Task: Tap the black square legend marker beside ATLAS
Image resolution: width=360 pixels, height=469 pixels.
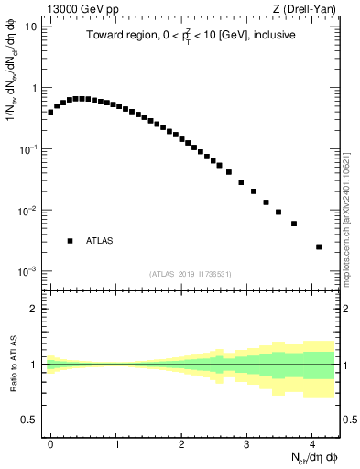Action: pyautogui.click(x=70, y=241)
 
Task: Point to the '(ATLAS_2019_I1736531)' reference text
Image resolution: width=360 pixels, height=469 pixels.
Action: pyautogui.click(x=190, y=274)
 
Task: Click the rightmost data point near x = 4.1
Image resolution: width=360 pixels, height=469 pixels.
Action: pyautogui.click(x=319, y=246)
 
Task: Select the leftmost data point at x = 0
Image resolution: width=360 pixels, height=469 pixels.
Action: pyautogui.click(x=50, y=112)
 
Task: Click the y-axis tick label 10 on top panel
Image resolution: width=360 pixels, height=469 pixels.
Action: pyautogui.click(x=30, y=27)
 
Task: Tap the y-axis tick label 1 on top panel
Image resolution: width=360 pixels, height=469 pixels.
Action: pyautogui.click(x=34, y=88)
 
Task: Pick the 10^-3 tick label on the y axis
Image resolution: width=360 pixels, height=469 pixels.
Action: pyautogui.click(x=28, y=272)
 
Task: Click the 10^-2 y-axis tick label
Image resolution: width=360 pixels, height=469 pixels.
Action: pyautogui.click(x=28, y=211)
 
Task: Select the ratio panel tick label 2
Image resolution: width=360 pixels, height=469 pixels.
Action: pyautogui.click(x=34, y=309)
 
